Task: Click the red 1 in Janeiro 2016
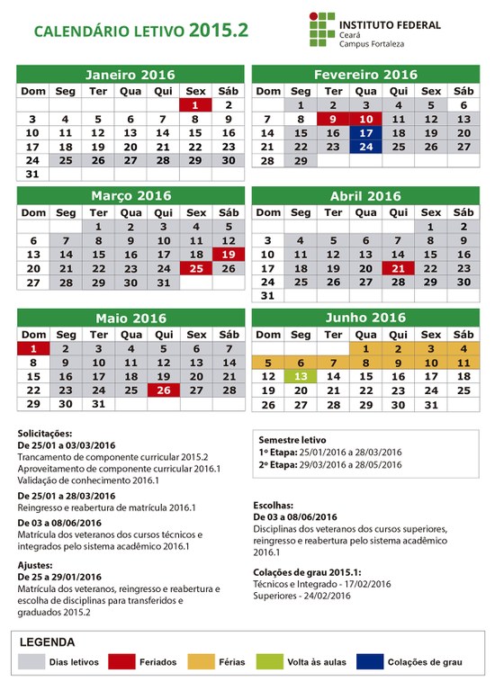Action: click(195, 105)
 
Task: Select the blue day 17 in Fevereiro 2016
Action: click(365, 132)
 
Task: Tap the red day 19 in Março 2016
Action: click(228, 255)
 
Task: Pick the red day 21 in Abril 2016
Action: click(398, 268)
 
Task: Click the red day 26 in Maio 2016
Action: click(163, 390)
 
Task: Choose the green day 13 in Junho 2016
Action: click(301, 376)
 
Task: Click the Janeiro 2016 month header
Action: click(130, 75)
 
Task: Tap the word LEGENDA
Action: click(47, 642)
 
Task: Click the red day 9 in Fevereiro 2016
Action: click(333, 119)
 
